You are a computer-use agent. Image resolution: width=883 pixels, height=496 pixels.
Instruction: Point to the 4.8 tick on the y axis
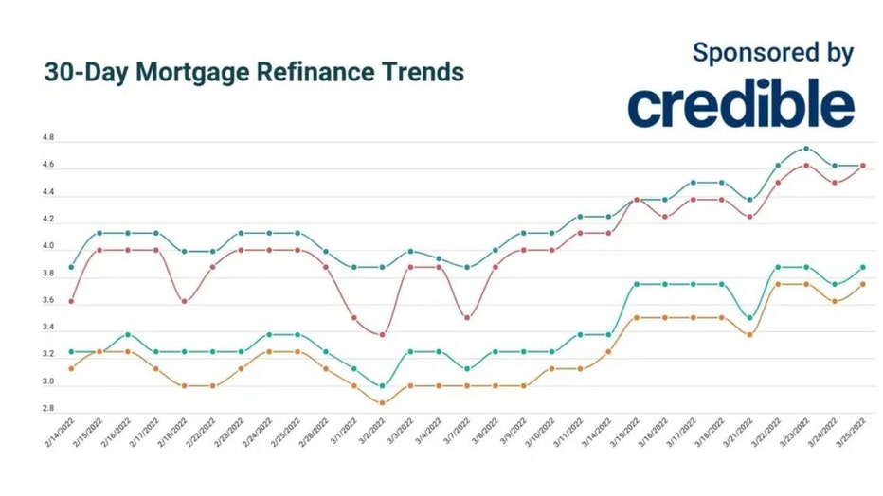pyautogui.click(x=48, y=138)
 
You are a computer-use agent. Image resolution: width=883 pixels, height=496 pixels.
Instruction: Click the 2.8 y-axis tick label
pyautogui.click(x=48, y=409)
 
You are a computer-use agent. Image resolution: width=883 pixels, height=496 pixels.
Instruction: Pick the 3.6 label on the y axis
pyautogui.click(x=48, y=301)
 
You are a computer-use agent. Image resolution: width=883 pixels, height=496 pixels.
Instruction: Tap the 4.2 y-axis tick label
pyautogui.click(x=48, y=220)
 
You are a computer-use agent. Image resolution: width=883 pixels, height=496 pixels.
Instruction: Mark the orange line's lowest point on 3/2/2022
pyautogui.click(x=382, y=403)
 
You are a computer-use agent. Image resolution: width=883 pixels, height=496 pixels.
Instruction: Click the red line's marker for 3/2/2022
pyautogui.click(x=382, y=335)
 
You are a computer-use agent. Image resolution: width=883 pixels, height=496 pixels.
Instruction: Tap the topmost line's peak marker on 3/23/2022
pyautogui.click(x=805, y=149)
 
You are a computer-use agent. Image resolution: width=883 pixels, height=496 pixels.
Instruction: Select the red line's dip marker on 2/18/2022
pyautogui.click(x=184, y=301)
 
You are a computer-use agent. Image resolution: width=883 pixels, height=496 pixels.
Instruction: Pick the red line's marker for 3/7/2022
pyautogui.click(x=466, y=318)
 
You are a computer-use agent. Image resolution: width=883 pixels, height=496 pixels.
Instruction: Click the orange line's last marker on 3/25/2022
pyautogui.click(x=862, y=284)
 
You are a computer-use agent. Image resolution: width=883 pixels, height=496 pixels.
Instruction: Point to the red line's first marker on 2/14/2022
pyautogui.click(x=71, y=301)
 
